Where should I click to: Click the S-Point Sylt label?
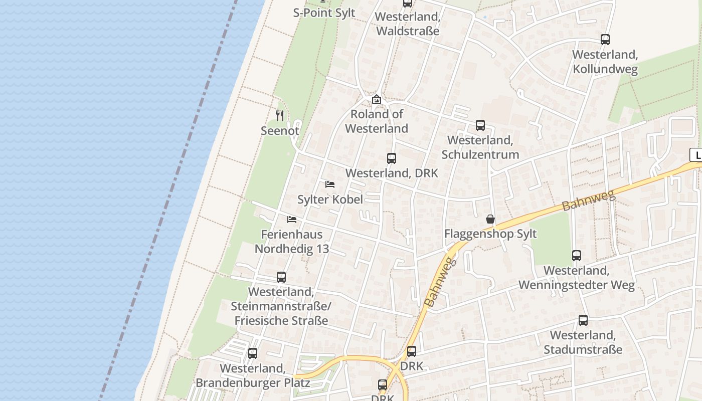(324, 13)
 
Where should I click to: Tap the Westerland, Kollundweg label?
(605, 62)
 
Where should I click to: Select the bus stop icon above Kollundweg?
(605, 40)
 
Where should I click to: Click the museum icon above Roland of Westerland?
(377, 99)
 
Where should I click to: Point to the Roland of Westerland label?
(377, 121)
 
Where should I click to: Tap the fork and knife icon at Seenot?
(280, 116)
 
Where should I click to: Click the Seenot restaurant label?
(280, 131)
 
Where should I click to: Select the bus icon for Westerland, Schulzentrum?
(480, 125)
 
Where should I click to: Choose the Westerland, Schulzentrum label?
(480, 147)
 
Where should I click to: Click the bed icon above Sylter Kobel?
(330, 184)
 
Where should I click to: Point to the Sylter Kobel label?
(330, 199)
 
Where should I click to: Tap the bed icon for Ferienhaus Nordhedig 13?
(292, 220)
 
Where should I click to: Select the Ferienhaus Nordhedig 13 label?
(292, 241)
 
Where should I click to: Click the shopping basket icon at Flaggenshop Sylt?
(490, 219)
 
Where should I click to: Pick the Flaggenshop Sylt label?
(490, 234)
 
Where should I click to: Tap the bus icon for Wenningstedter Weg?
(577, 256)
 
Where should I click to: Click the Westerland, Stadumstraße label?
(583, 342)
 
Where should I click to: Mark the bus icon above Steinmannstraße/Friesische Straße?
(281, 277)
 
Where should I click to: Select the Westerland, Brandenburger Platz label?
(253, 375)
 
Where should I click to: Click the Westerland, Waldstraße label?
(407, 24)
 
